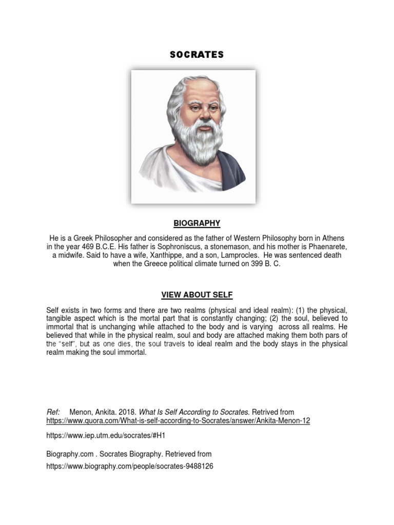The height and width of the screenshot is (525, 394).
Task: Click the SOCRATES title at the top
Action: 197,55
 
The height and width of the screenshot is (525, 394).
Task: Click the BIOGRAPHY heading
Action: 197,223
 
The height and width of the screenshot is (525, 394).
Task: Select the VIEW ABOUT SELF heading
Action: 197,295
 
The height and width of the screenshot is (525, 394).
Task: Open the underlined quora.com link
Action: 178,421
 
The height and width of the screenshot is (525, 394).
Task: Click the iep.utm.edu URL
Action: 107,435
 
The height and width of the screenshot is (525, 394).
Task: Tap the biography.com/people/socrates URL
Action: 129,467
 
